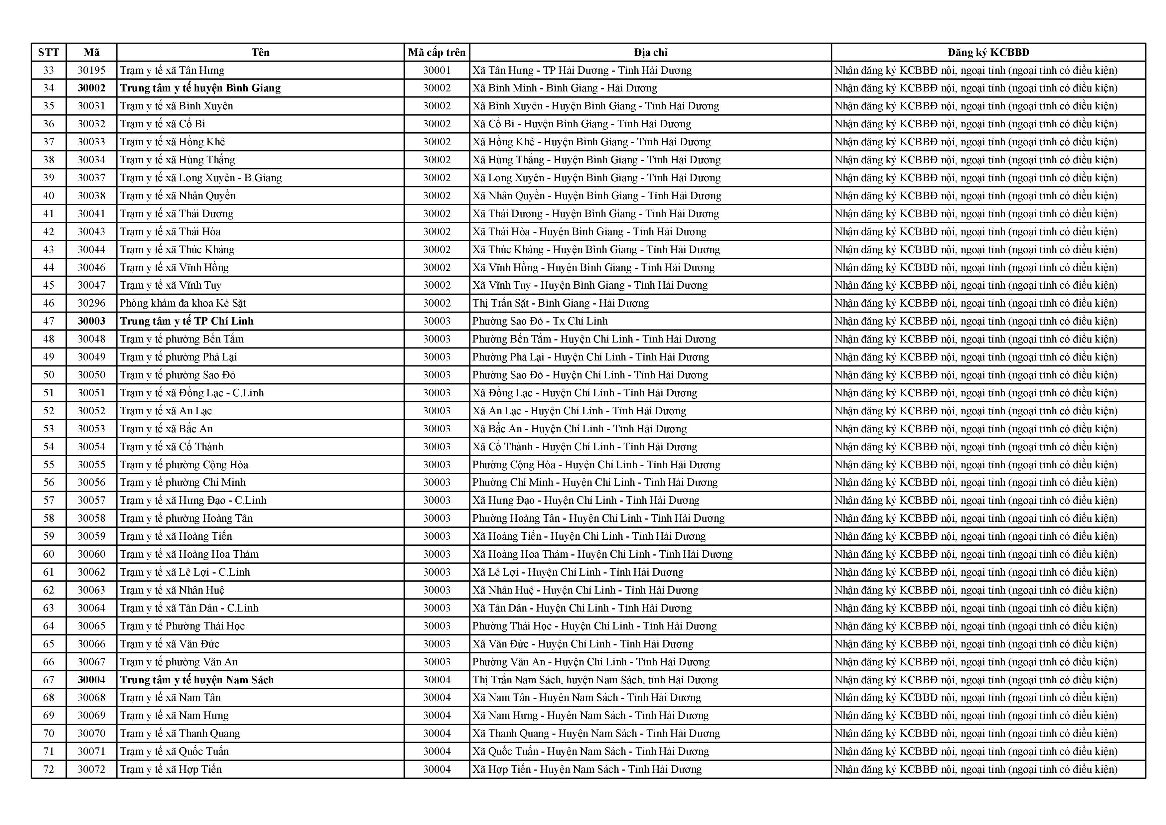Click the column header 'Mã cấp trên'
(437, 52)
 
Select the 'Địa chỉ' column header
(651, 52)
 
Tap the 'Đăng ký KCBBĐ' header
(988, 52)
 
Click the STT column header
(49, 52)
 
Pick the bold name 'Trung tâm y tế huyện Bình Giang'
(200, 88)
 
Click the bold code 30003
(91, 321)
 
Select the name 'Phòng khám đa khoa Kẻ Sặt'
(183, 303)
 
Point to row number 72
(49, 769)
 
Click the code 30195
(91, 70)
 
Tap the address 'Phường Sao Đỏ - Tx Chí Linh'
(540, 321)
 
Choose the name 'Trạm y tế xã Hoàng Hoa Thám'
(189, 554)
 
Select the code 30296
(91, 303)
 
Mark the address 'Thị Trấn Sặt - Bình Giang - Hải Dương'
(561, 303)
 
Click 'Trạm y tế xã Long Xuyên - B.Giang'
(200, 178)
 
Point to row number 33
(49, 70)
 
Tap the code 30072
(91, 769)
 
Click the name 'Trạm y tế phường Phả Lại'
(178, 357)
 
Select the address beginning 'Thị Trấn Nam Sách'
(595, 680)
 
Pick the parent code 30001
(437, 70)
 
